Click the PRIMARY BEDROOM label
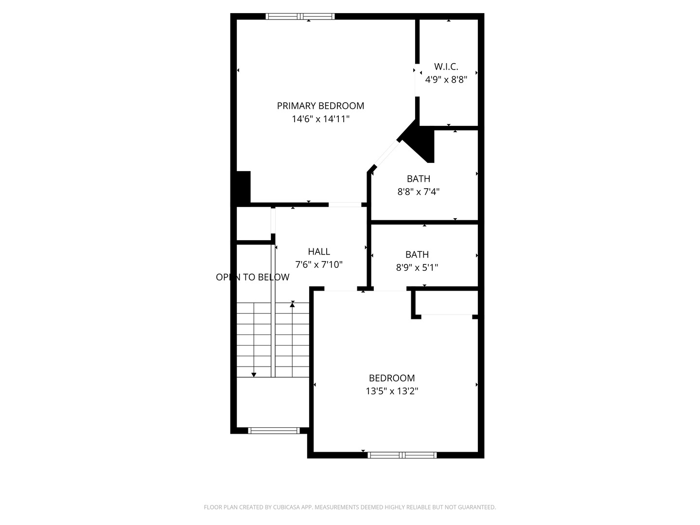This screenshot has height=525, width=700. point(320,106)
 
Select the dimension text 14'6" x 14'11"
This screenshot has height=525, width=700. point(320,119)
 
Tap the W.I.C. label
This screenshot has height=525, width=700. point(446,67)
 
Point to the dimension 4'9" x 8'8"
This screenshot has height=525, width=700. point(446,79)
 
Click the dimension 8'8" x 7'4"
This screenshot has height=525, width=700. point(419,192)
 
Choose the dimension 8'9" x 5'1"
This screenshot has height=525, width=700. point(417,267)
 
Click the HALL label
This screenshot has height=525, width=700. point(319,252)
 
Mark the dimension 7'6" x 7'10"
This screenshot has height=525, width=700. point(319,264)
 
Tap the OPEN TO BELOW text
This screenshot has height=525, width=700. point(253,277)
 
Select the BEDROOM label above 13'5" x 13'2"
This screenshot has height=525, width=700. point(392,378)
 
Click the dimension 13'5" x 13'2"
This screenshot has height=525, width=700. point(392,391)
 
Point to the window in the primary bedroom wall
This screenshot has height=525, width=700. point(300,16)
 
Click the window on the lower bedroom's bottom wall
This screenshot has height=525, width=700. point(402,455)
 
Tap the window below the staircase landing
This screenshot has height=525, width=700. point(274,431)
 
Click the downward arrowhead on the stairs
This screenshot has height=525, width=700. point(254,375)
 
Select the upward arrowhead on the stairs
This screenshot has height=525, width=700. point(292,305)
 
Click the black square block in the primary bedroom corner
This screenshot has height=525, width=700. point(243,187)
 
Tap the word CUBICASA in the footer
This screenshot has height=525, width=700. point(287,507)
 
